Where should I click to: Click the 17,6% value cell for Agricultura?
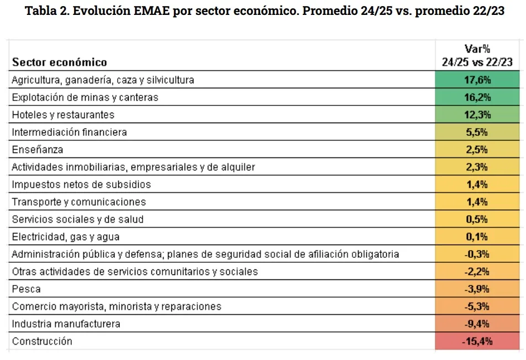[x=477, y=80]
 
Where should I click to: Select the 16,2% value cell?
[x=477, y=97]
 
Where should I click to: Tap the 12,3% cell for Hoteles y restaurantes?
[x=477, y=115]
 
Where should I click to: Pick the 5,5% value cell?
[x=477, y=133]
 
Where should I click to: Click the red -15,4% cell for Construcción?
[x=477, y=341]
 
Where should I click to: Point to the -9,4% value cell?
[x=477, y=324]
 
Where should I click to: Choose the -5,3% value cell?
[x=477, y=306]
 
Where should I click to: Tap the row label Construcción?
[x=42, y=341]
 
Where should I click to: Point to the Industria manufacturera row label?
[x=66, y=324]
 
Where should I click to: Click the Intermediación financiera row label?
[x=70, y=133]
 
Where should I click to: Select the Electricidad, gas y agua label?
[x=66, y=237]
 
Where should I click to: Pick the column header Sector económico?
[x=60, y=62]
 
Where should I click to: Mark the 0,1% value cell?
[x=477, y=237]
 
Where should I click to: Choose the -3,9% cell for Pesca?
[x=477, y=289]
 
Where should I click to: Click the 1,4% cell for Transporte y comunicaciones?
[x=477, y=202]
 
